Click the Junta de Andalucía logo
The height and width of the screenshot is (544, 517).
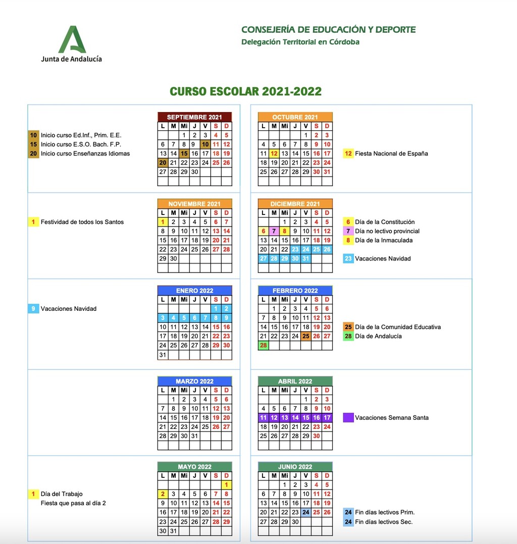pyautogui.click(x=71, y=44)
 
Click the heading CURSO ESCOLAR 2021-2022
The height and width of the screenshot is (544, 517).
pyautogui.click(x=245, y=91)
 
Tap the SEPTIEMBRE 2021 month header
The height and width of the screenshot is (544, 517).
pyautogui.click(x=194, y=117)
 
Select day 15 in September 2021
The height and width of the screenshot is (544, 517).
pyautogui.click(x=184, y=153)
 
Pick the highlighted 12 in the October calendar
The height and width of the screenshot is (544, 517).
pyautogui.click(x=274, y=153)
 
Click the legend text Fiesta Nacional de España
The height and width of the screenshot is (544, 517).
pyautogui.click(x=391, y=153)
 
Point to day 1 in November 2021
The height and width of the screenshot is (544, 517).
pyautogui.click(x=163, y=222)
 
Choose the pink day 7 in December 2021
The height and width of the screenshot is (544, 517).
pyautogui.click(x=274, y=231)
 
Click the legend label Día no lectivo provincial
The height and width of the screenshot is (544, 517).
pyautogui.click(x=387, y=231)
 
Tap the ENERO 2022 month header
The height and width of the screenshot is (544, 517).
pyautogui.click(x=194, y=291)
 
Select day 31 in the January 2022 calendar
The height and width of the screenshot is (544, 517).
pyautogui.click(x=163, y=354)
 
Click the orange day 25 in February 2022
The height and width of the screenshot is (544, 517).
pyautogui.click(x=306, y=336)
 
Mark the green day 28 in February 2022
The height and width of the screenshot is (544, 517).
pyautogui.click(x=263, y=345)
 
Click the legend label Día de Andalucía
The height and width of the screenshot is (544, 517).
pyautogui.click(x=378, y=336)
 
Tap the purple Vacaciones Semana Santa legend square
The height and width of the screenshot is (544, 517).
pyautogui.click(x=348, y=418)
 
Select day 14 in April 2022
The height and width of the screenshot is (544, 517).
pyautogui.click(x=295, y=418)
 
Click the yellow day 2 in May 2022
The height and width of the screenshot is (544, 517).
pyautogui.click(x=163, y=494)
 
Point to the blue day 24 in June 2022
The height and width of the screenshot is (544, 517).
pyautogui.click(x=306, y=512)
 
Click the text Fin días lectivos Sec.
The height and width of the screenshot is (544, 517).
pyautogui.click(x=384, y=522)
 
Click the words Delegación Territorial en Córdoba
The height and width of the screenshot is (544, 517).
pyautogui.click(x=300, y=42)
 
